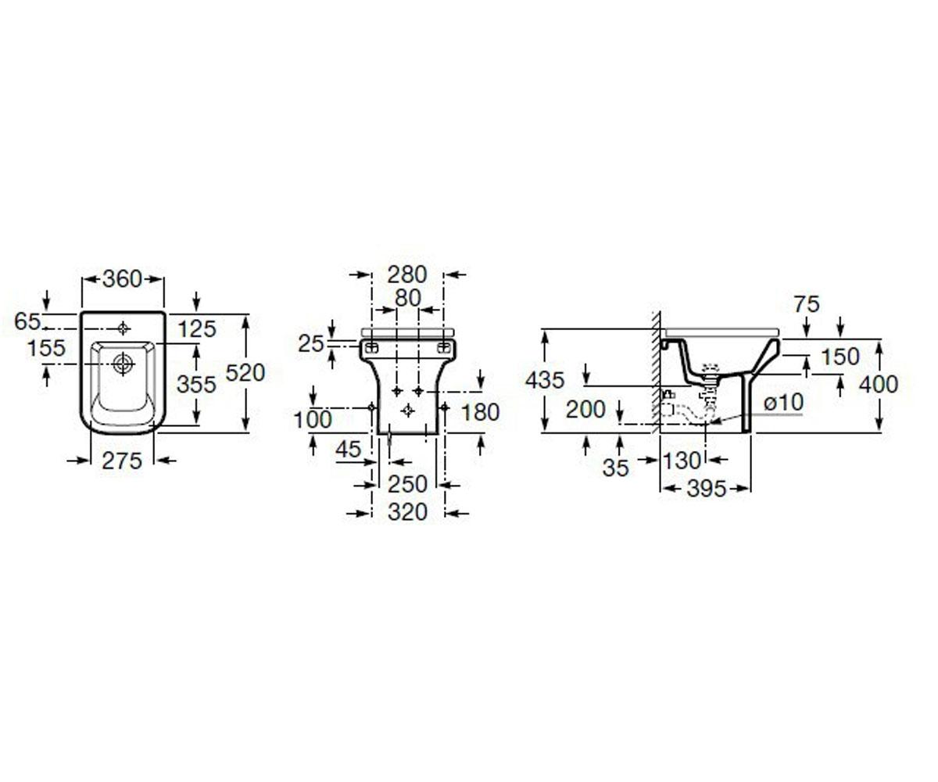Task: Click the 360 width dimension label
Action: tap(122, 279)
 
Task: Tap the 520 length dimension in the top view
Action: tap(245, 372)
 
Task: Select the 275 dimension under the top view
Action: tap(122, 461)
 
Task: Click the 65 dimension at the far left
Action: tap(27, 321)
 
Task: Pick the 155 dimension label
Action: tap(47, 348)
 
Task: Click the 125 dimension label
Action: tap(197, 329)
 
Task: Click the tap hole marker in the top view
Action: tap(123, 329)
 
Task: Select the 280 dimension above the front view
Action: tap(407, 274)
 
